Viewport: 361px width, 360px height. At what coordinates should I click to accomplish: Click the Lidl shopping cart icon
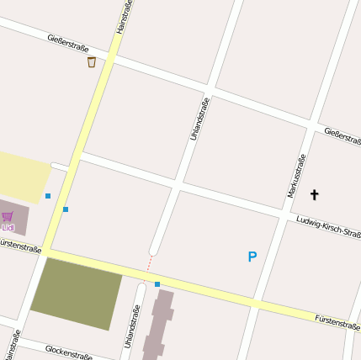(8, 216)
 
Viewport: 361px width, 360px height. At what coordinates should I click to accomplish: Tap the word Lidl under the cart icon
(8, 227)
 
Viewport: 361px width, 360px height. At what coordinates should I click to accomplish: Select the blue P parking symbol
(252, 257)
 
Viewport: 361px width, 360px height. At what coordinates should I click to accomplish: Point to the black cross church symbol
(315, 195)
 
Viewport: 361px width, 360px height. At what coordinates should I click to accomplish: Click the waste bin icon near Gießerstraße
(92, 61)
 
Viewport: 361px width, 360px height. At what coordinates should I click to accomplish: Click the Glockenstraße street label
(68, 351)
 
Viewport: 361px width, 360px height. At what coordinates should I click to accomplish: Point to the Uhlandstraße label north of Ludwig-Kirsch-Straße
(199, 119)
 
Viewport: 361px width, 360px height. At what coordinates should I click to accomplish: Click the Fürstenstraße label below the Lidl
(20, 247)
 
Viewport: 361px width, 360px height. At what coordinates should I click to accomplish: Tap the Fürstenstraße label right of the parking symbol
(337, 320)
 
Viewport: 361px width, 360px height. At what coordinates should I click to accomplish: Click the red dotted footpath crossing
(150, 263)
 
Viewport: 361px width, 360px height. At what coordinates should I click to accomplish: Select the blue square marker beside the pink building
(157, 284)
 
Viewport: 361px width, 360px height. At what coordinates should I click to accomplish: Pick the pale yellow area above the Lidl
(23, 176)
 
